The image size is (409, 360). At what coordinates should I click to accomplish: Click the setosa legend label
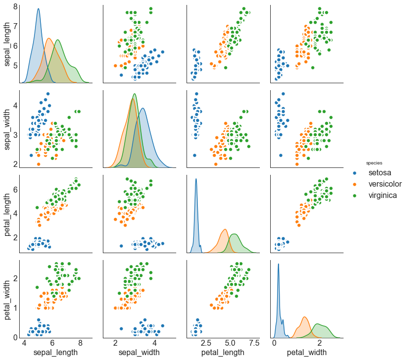(381, 173)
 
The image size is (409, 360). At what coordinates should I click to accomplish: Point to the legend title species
(374, 163)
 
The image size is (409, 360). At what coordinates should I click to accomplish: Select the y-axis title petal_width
(8, 298)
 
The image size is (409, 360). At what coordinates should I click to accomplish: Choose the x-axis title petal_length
(223, 353)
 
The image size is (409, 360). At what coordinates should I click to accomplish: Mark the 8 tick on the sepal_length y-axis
(15, 7)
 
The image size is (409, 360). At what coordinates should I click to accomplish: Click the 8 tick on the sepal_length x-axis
(80, 343)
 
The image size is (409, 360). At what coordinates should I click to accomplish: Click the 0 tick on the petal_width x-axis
(275, 343)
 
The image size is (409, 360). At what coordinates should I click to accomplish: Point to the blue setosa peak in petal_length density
(196, 179)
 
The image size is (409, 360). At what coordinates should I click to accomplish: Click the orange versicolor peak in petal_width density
(305, 317)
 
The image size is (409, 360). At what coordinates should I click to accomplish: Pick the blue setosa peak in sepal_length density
(38, 9)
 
